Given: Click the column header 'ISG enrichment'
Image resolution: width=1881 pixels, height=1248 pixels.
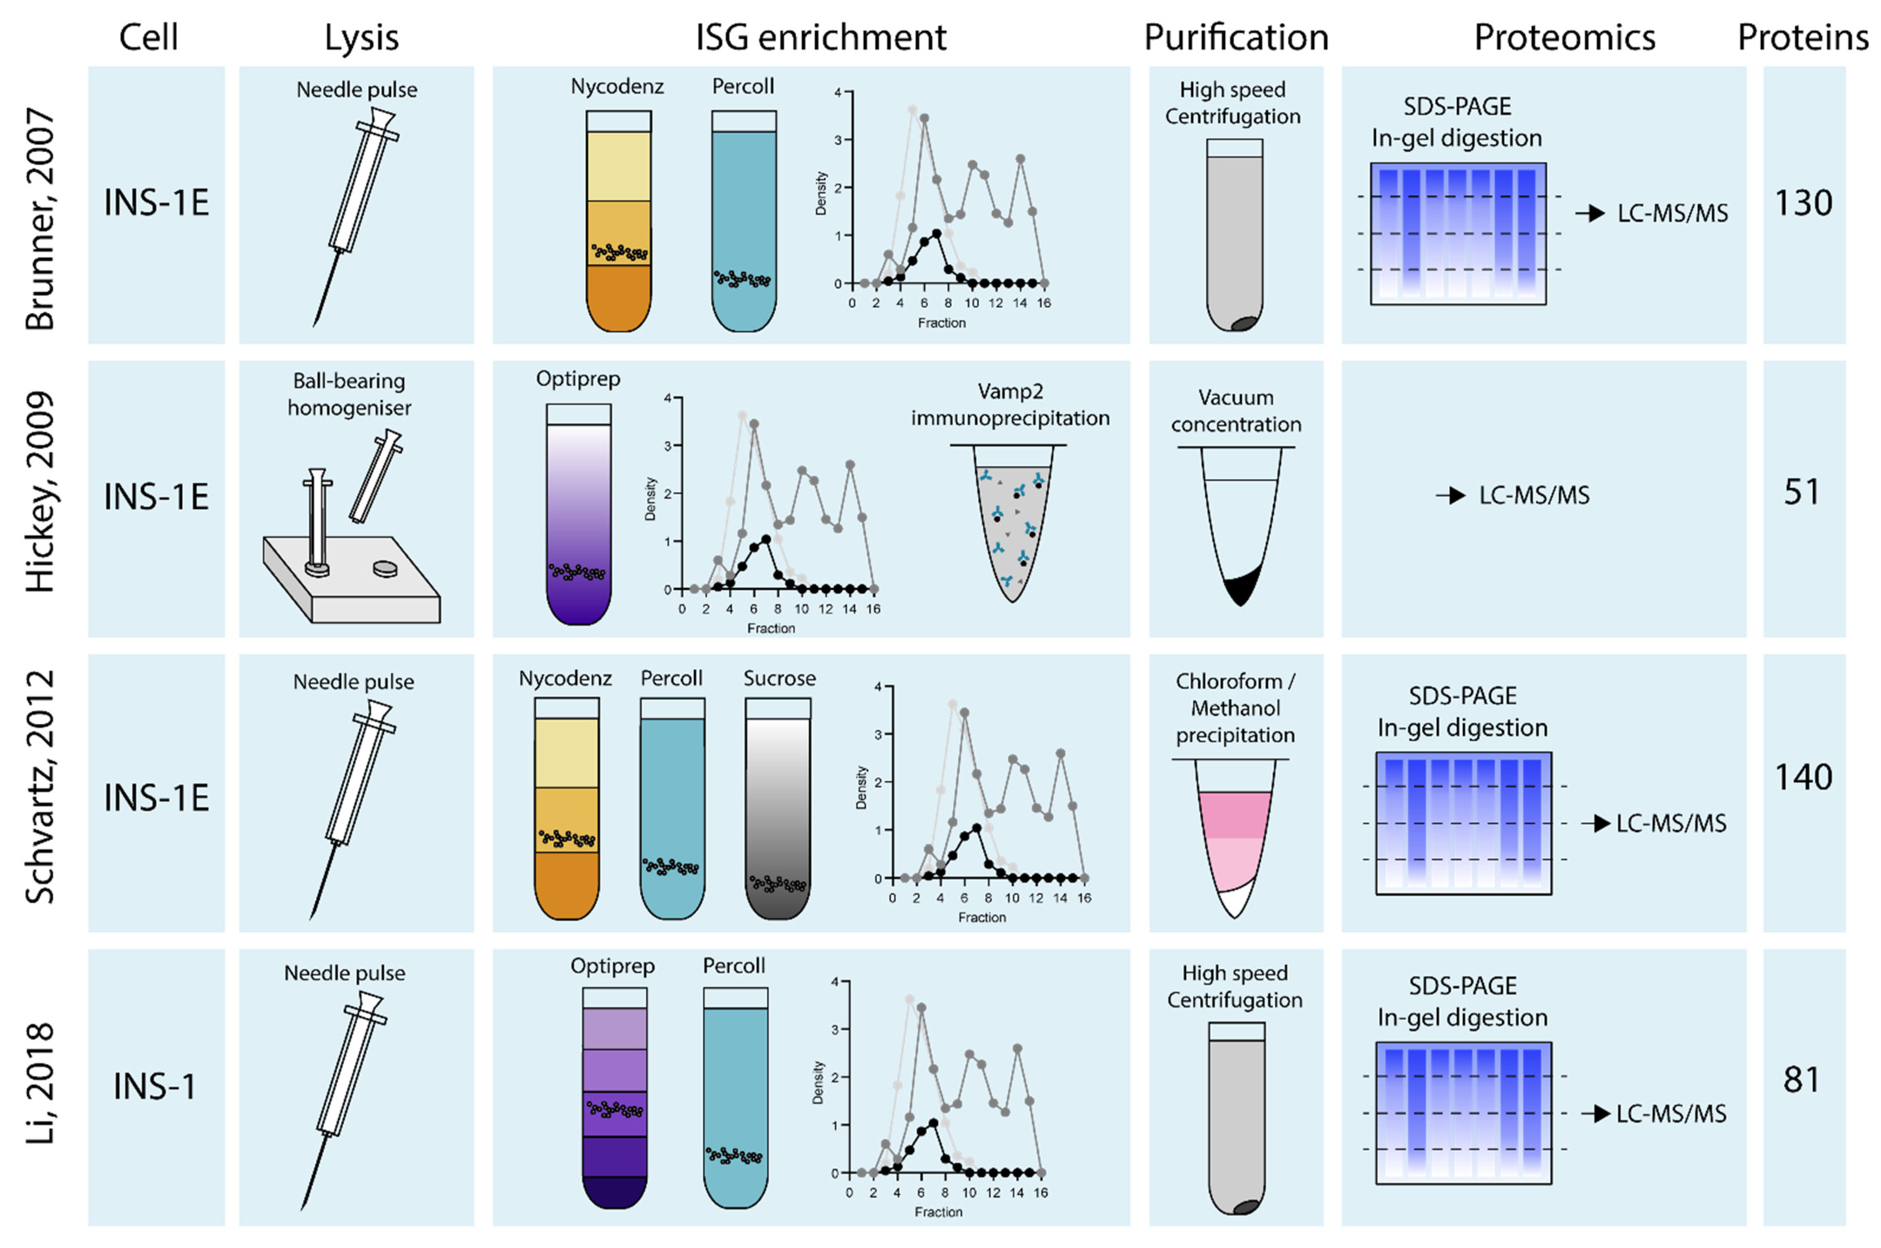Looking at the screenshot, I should coord(821,37).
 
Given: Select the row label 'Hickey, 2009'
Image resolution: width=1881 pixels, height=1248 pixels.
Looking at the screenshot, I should coord(40,492).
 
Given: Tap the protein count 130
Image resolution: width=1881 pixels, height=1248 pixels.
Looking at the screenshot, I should coord(1803,203).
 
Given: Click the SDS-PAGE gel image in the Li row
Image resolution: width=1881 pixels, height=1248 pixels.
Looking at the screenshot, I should coord(1463,1113).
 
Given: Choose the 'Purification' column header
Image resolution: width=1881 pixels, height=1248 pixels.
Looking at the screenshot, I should coord(1235,37).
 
